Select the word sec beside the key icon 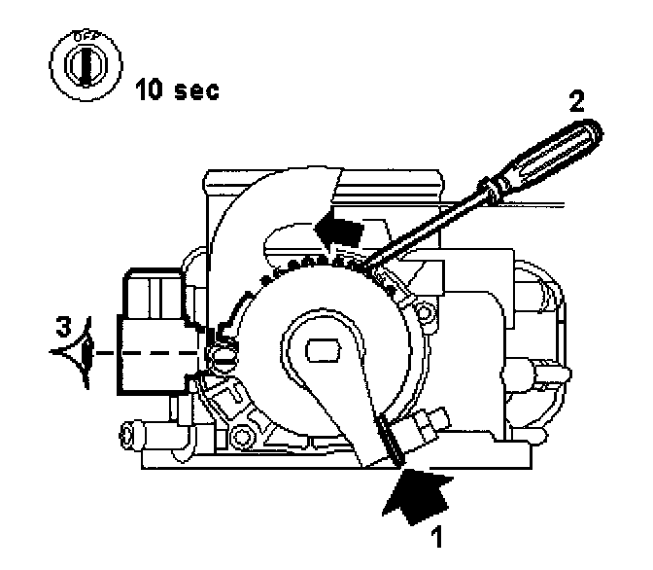(x=194, y=91)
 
